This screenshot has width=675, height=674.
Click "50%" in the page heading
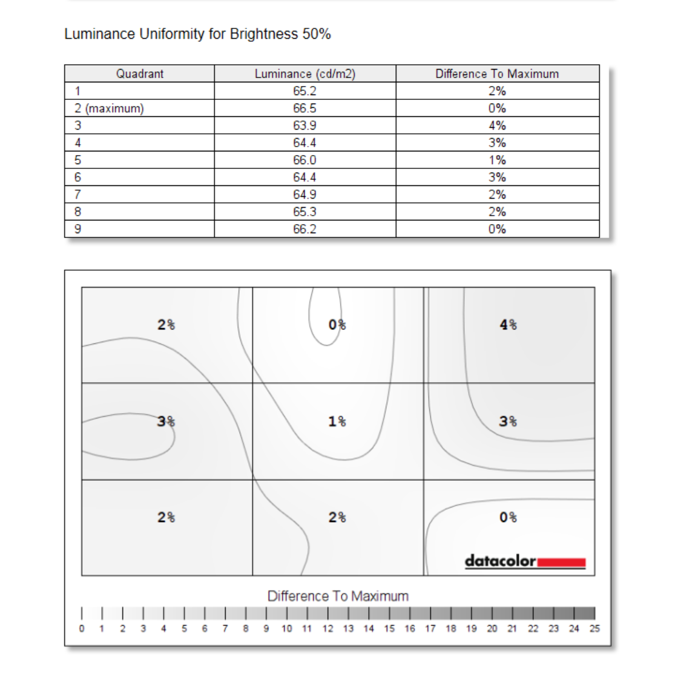(x=317, y=34)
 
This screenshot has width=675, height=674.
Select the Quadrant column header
(x=139, y=74)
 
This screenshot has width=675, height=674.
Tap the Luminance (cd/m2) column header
(x=305, y=74)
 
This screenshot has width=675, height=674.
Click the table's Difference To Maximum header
(x=496, y=74)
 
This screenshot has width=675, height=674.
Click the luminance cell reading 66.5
(x=305, y=108)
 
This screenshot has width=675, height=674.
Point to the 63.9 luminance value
(x=305, y=126)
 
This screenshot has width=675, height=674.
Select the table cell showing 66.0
(x=305, y=160)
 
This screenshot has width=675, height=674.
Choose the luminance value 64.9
(x=305, y=195)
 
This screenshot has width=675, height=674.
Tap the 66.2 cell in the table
(x=305, y=230)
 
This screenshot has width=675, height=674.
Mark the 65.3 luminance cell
(x=305, y=212)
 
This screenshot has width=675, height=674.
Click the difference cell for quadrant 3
(x=497, y=126)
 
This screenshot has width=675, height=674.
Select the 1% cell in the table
(x=497, y=160)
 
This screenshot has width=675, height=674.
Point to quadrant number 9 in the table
(x=77, y=230)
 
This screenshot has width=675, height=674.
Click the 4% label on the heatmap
(x=508, y=325)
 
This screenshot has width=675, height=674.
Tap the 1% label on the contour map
(x=337, y=421)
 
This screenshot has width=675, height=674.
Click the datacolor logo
(x=525, y=561)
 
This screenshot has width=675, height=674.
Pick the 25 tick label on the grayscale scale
(x=594, y=629)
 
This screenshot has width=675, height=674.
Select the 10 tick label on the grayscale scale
(x=286, y=629)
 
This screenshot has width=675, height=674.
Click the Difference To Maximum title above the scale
(x=338, y=596)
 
